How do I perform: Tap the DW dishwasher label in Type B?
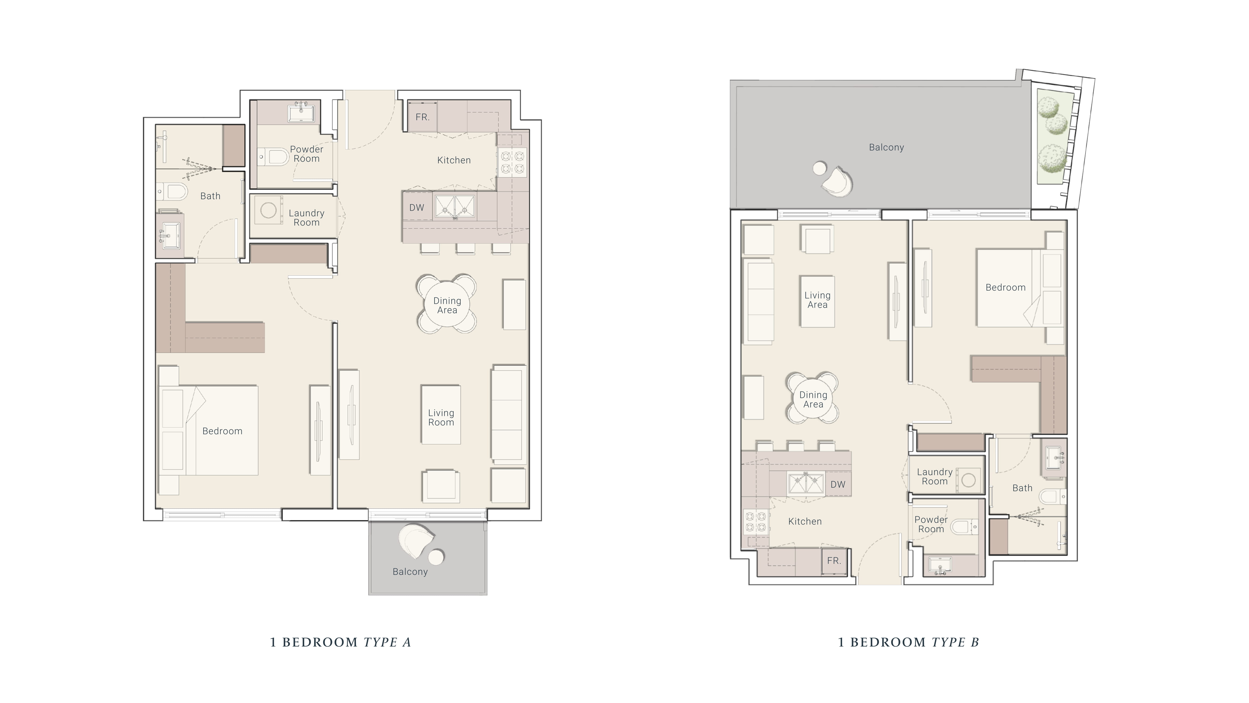[x=838, y=484]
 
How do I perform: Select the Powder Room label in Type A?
[x=307, y=154]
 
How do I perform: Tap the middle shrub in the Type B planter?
[x=1057, y=124]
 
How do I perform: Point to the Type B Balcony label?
[x=886, y=147]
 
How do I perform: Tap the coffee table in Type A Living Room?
[x=441, y=415]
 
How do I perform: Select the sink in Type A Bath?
[x=170, y=236]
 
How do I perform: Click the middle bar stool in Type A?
[x=466, y=248]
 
